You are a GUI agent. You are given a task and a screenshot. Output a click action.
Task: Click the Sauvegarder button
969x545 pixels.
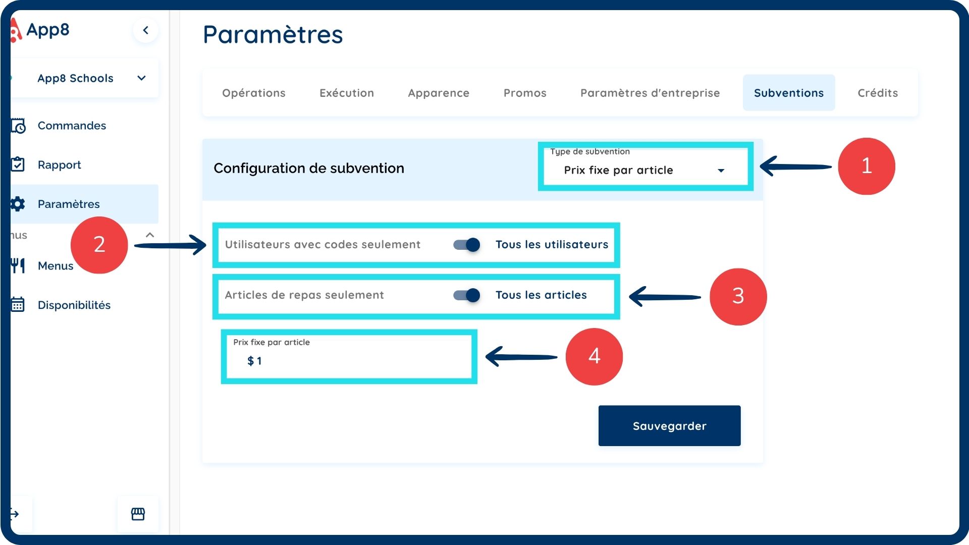669,425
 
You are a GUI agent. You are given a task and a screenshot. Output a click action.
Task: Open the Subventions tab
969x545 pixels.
788,93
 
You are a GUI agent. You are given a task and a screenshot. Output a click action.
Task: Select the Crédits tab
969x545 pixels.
878,93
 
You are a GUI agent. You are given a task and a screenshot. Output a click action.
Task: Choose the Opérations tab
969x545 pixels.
254,93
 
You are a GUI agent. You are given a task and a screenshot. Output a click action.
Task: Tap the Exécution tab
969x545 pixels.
347,93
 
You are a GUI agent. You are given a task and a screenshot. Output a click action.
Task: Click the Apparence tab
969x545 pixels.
439,93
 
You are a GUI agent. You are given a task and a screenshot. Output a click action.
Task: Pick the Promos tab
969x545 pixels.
525,93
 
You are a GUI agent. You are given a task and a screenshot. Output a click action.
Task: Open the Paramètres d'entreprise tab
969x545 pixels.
650,93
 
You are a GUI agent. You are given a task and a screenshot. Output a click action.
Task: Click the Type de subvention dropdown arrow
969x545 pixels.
721,171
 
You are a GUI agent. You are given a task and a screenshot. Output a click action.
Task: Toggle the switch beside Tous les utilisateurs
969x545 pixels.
466,245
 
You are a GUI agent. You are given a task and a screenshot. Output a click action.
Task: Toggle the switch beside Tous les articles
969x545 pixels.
466,295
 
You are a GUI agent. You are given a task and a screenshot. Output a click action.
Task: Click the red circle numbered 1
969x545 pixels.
866,166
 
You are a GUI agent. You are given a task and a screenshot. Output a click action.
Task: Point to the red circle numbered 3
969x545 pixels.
738,296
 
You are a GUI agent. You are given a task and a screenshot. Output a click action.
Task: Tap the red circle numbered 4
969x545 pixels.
594,356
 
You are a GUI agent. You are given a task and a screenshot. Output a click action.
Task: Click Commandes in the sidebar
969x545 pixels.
72,126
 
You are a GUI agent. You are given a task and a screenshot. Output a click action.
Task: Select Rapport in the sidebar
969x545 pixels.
59,165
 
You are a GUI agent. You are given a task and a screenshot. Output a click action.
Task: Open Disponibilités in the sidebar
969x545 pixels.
74,305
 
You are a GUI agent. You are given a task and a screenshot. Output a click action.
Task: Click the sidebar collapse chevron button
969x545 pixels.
146,30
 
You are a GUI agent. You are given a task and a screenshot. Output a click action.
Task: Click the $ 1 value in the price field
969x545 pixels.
255,361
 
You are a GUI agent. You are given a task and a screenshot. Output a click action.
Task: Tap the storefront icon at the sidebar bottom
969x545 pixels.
138,514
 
